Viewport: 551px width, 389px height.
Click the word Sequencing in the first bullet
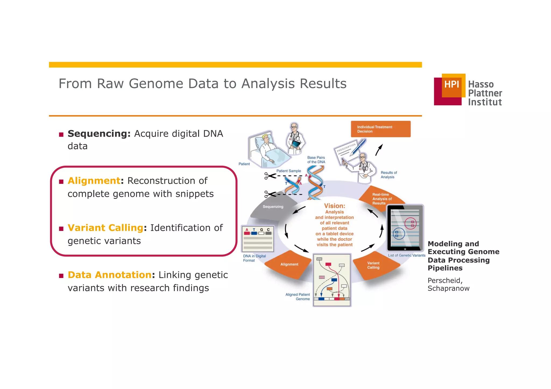[x=99, y=134]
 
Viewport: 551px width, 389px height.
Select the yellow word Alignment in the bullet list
[x=94, y=181]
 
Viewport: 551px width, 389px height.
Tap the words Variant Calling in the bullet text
[x=105, y=228]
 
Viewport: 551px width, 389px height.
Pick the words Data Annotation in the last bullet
[x=110, y=275]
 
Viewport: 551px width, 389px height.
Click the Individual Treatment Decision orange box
[x=380, y=129]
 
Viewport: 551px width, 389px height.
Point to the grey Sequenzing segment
[x=273, y=206]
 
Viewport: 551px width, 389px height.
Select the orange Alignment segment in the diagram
[x=289, y=265]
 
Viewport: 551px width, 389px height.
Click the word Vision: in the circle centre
[x=334, y=206]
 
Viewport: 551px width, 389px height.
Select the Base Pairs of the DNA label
[x=316, y=160]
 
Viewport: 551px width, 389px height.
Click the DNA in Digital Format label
[x=254, y=258]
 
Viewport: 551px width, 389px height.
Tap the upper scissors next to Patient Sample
[x=270, y=176]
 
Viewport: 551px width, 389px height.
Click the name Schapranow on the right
[x=448, y=288]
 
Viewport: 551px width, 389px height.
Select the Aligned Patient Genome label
[x=298, y=297]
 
